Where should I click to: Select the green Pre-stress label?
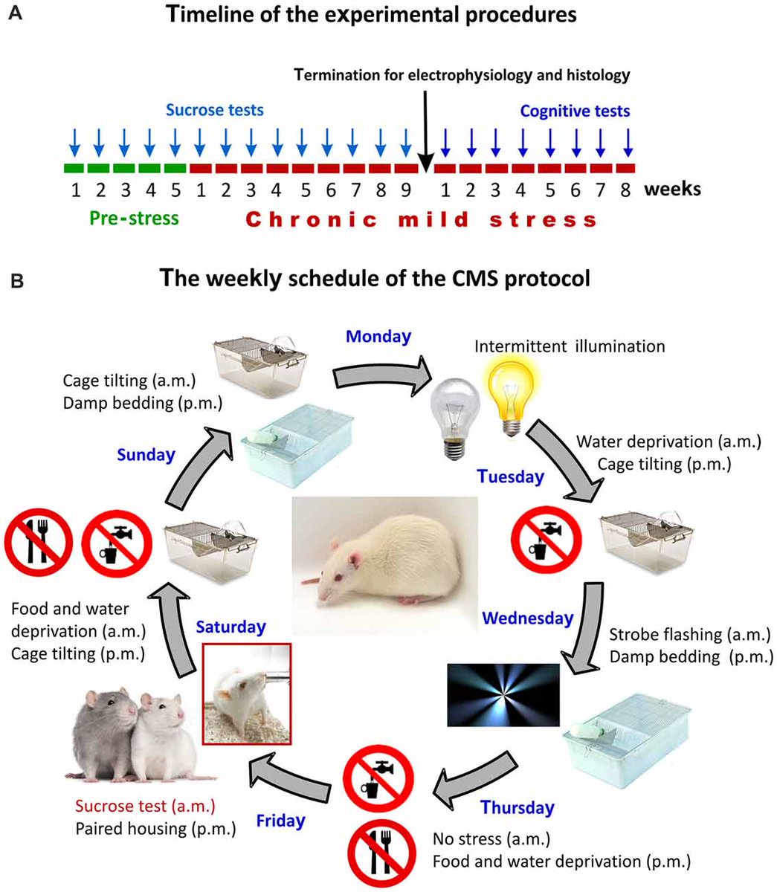point(134,219)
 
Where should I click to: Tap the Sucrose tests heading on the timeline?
point(214,111)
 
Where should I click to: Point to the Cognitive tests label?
point(575,111)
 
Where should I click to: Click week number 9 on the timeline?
point(406,190)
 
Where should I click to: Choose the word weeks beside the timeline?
point(672,189)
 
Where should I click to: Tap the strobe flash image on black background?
point(503,694)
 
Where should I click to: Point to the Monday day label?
point(379,336)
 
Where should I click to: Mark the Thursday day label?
point(517,807)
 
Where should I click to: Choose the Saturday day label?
point(230,627)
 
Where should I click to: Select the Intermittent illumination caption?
point(570,346)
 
